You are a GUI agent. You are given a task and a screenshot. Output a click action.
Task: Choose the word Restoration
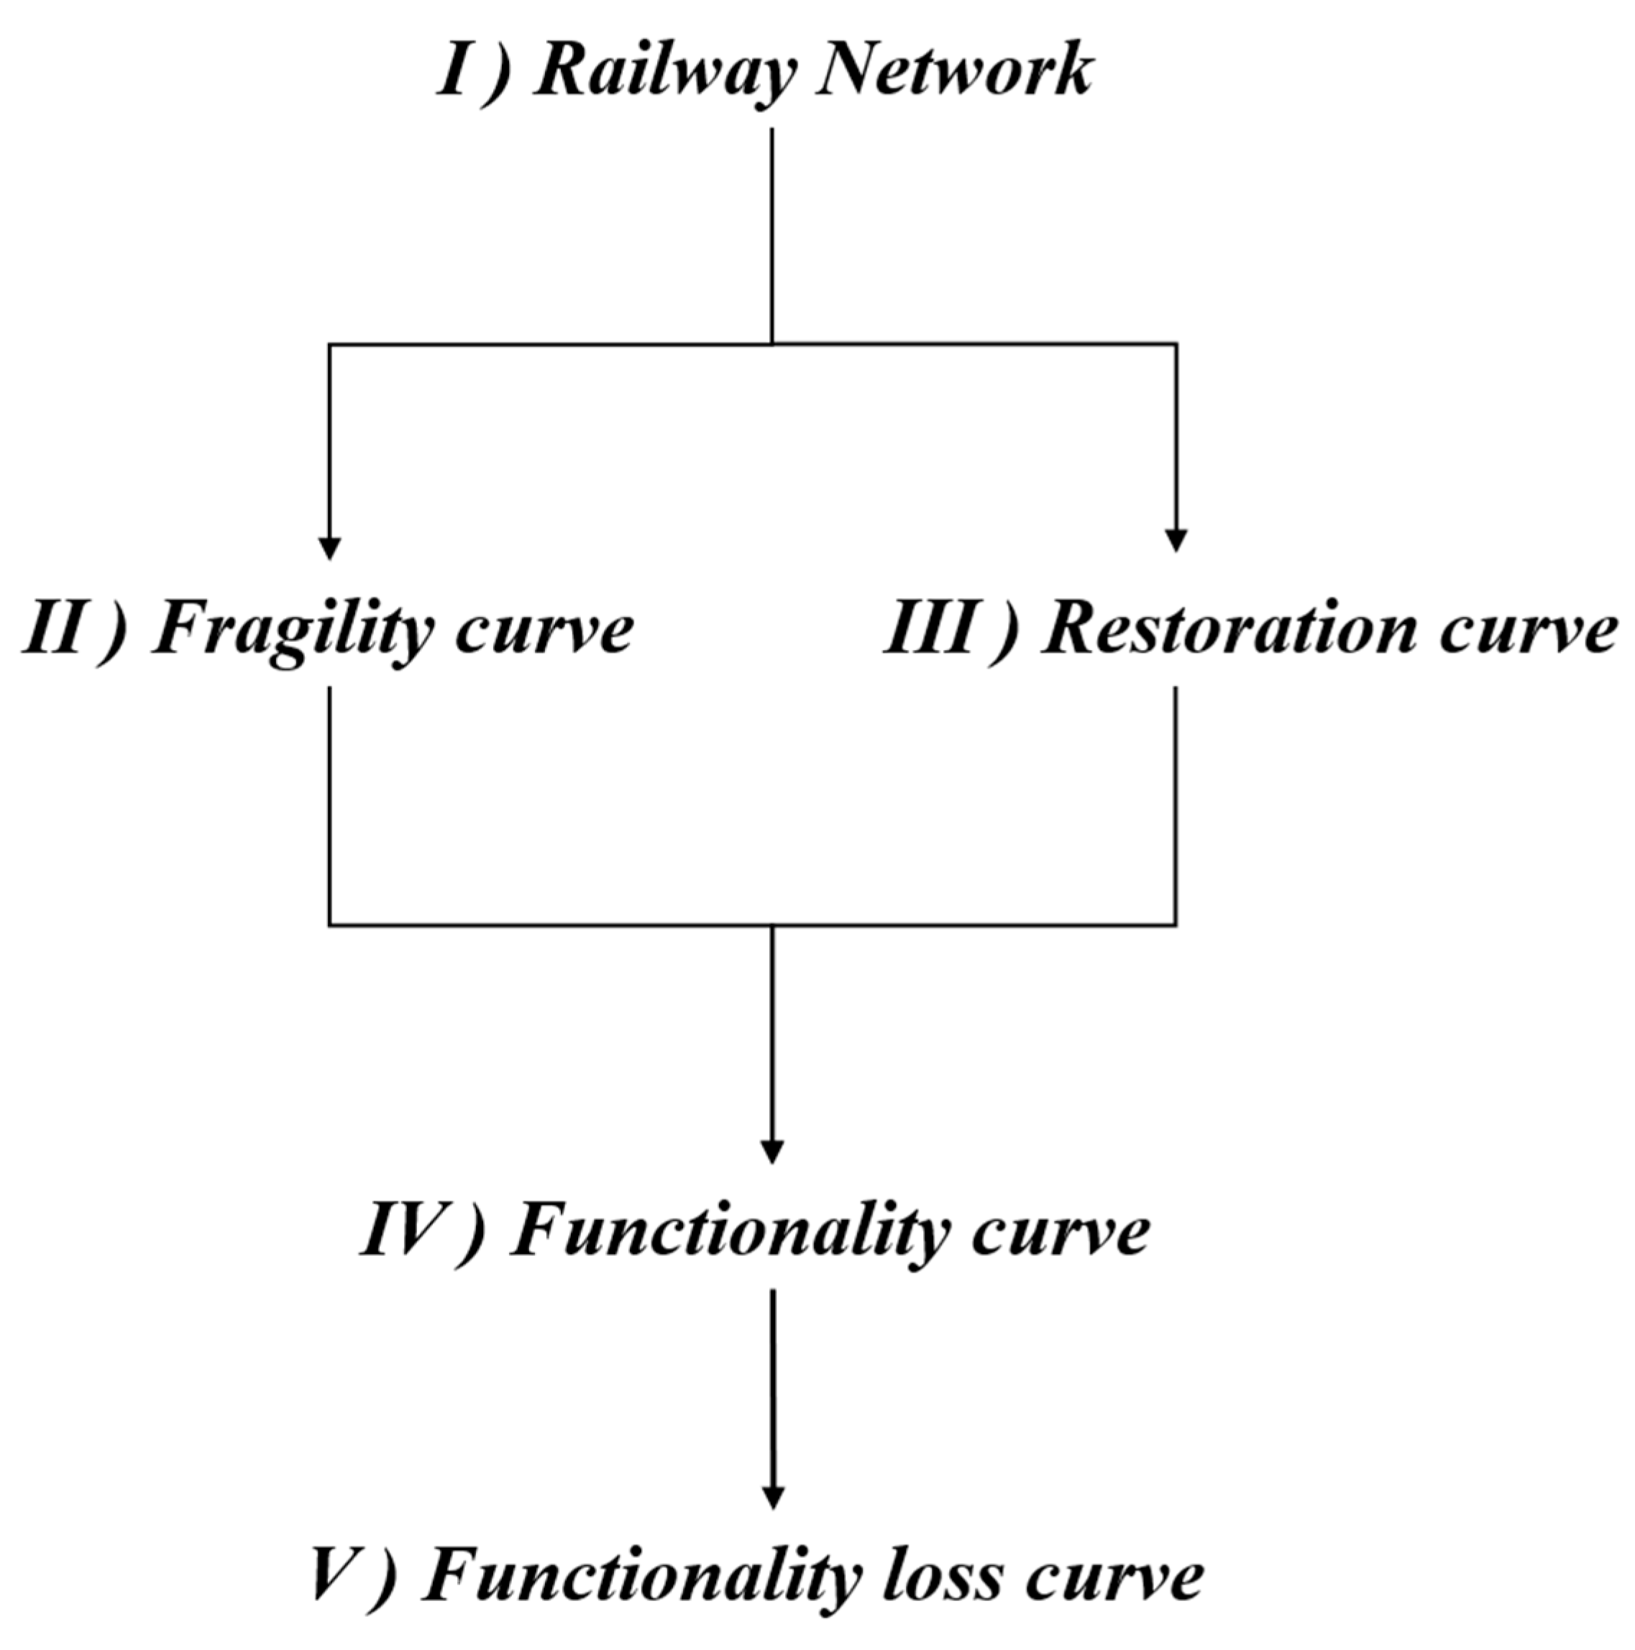[x=1230, y=631]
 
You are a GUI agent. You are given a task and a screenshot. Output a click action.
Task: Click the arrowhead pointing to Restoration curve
[x=1176, y=541]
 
